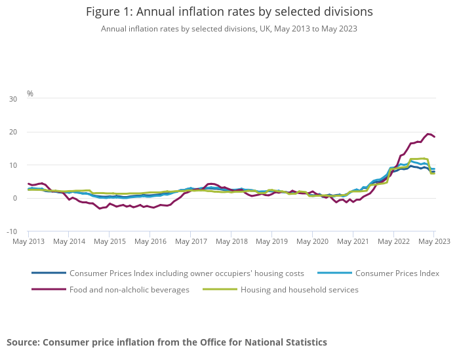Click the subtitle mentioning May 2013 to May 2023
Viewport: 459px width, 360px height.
[x=229, y=29]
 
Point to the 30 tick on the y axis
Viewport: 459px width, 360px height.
[x=13, y=99]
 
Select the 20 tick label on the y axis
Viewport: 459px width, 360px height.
[x=13, y=132]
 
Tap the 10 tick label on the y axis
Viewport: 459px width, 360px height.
[x=13, y=165]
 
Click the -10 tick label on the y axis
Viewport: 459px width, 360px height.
[x=12, y=231]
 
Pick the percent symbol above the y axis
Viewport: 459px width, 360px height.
[x=30, y=94]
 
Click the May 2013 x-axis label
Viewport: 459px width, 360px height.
[x=28, y=241]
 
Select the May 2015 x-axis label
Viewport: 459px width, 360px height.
[x=110, y=241]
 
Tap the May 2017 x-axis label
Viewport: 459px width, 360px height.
[x=190, y=241]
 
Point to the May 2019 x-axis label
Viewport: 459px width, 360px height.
[x=271, y=241]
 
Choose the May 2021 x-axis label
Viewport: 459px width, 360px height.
[x=352, y=241]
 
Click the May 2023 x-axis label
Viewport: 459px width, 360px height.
[x=433, y=241]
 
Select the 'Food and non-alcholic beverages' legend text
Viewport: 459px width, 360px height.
[x=129, y=290]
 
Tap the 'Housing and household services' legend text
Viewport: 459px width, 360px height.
[x=299, y=290]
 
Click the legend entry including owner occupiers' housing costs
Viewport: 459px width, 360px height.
[x=186, y=273]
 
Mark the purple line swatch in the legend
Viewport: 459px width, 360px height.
[x=49, y=290]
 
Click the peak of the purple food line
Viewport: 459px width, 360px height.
[x=429, y=134]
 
